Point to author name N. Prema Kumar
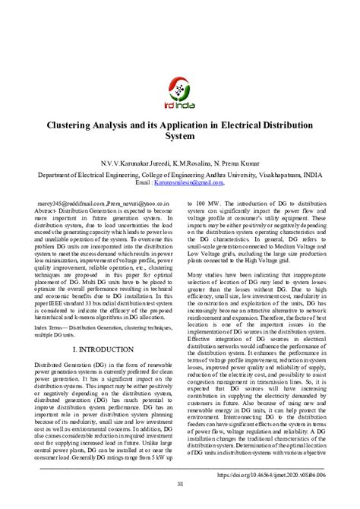click(x=238, y=163)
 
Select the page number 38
click(x=180, y=485)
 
